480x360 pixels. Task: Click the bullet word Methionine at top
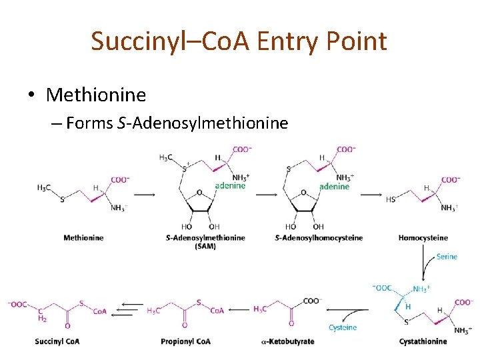[x=96, y=95]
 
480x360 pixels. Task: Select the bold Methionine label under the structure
[x=83, y=238]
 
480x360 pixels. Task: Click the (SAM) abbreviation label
[x=205, y=247]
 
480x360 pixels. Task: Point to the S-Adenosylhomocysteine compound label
[x=319, y=238]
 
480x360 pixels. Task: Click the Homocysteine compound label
[x=423, y=238]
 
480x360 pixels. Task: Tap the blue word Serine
[x=447, y=257]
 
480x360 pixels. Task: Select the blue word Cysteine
[x=343, y=327]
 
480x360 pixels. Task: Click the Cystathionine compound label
[x=423, y=342]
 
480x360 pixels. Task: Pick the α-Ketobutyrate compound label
[x=288, y=342]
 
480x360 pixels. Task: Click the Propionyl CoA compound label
[x=185, y=342]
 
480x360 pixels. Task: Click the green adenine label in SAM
[x=230, y=185]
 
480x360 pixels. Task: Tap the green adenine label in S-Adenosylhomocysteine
[x=334, y=186]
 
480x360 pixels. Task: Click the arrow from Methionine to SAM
[x=145, y=195]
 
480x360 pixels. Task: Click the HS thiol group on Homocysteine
[x=391, y=198]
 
